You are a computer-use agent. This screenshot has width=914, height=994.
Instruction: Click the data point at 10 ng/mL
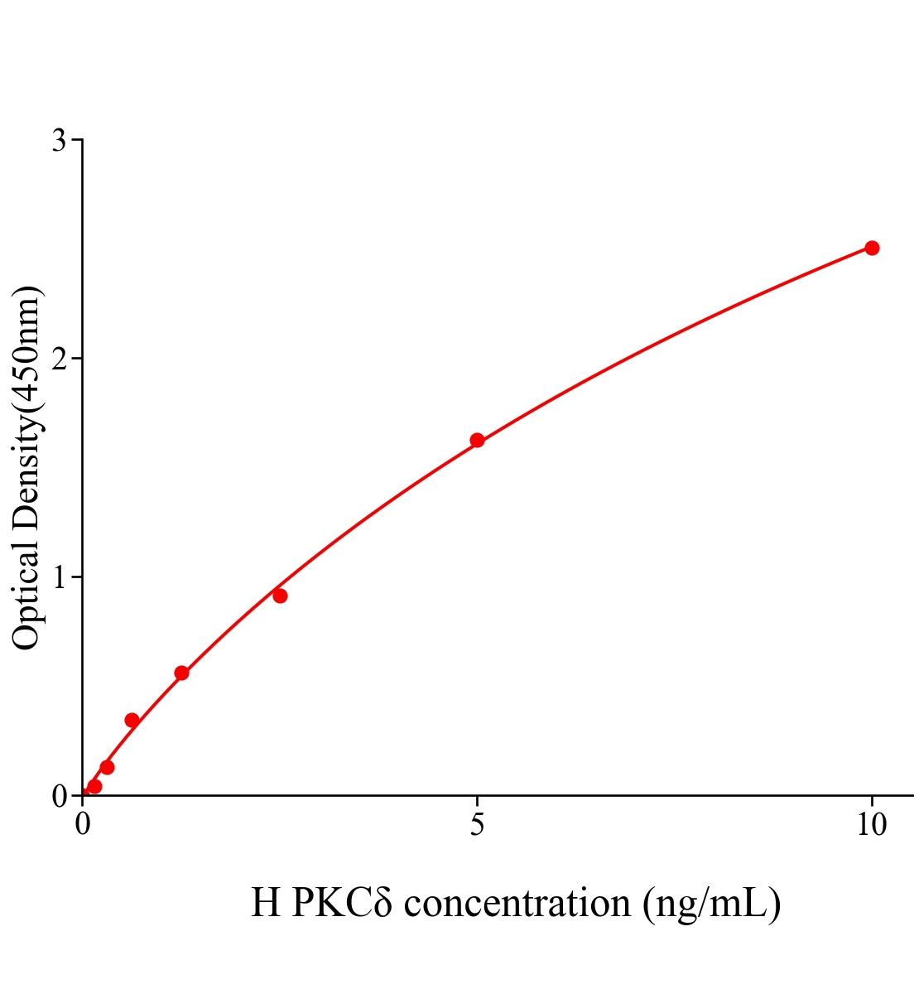[x=871, y=248]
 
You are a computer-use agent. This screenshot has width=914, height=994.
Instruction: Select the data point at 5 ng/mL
[x=477, y=440]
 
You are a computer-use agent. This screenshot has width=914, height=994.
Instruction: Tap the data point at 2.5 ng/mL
[x=280, y=596]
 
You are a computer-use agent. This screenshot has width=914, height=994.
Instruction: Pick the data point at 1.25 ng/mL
[x=181, y=673]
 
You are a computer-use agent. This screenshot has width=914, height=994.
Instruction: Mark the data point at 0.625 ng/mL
[x=132, y=720]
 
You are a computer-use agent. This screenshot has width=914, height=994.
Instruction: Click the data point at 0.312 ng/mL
[x=107, y=767]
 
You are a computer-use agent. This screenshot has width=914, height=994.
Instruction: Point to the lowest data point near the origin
[x=94, y=786]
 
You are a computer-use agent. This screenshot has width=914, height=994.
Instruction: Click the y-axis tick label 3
[x=59, y=141]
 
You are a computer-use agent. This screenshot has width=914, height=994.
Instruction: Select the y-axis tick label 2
[x=59, y=359]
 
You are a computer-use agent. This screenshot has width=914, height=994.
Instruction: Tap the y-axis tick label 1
[x=59, y=577]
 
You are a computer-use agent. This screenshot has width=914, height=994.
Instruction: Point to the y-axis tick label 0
[x=59, y=796]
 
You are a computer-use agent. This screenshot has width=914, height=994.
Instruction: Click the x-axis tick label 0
[x=83, y=825]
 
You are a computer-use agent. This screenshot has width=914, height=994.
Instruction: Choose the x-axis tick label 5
[x=477, y=825]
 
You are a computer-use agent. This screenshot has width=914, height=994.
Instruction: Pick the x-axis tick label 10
[x=871, y=825]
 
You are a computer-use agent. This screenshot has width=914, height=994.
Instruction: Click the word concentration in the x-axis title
[x=517, y=903]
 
